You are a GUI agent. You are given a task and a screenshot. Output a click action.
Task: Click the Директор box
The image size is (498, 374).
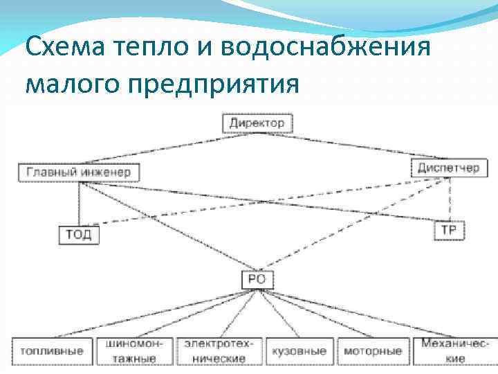coord(257,123)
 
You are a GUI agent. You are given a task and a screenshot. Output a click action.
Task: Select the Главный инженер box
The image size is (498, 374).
coord(80,172)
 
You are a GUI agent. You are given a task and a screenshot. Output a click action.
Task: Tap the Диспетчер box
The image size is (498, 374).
coord(449,168)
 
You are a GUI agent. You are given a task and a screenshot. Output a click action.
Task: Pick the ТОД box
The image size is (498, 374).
coord(79,234)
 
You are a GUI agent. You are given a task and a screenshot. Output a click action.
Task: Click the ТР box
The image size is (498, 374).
coord(449,230)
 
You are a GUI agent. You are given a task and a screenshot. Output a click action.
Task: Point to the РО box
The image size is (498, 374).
coord(257,280)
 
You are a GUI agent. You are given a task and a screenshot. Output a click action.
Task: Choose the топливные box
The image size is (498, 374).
coord(52,351)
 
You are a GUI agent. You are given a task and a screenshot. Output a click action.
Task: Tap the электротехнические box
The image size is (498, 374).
coord(219,351)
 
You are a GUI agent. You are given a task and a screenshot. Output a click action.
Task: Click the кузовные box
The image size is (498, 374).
coord(298,351)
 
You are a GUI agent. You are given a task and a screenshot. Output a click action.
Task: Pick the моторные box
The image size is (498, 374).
coord(373,351)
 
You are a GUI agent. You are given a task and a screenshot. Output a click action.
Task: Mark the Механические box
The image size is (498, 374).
coord(455,351)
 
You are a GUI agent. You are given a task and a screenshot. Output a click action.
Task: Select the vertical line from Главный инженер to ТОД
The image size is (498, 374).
coord(80,204)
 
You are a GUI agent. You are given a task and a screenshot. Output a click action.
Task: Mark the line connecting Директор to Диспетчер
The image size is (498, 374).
coord(346,147)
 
